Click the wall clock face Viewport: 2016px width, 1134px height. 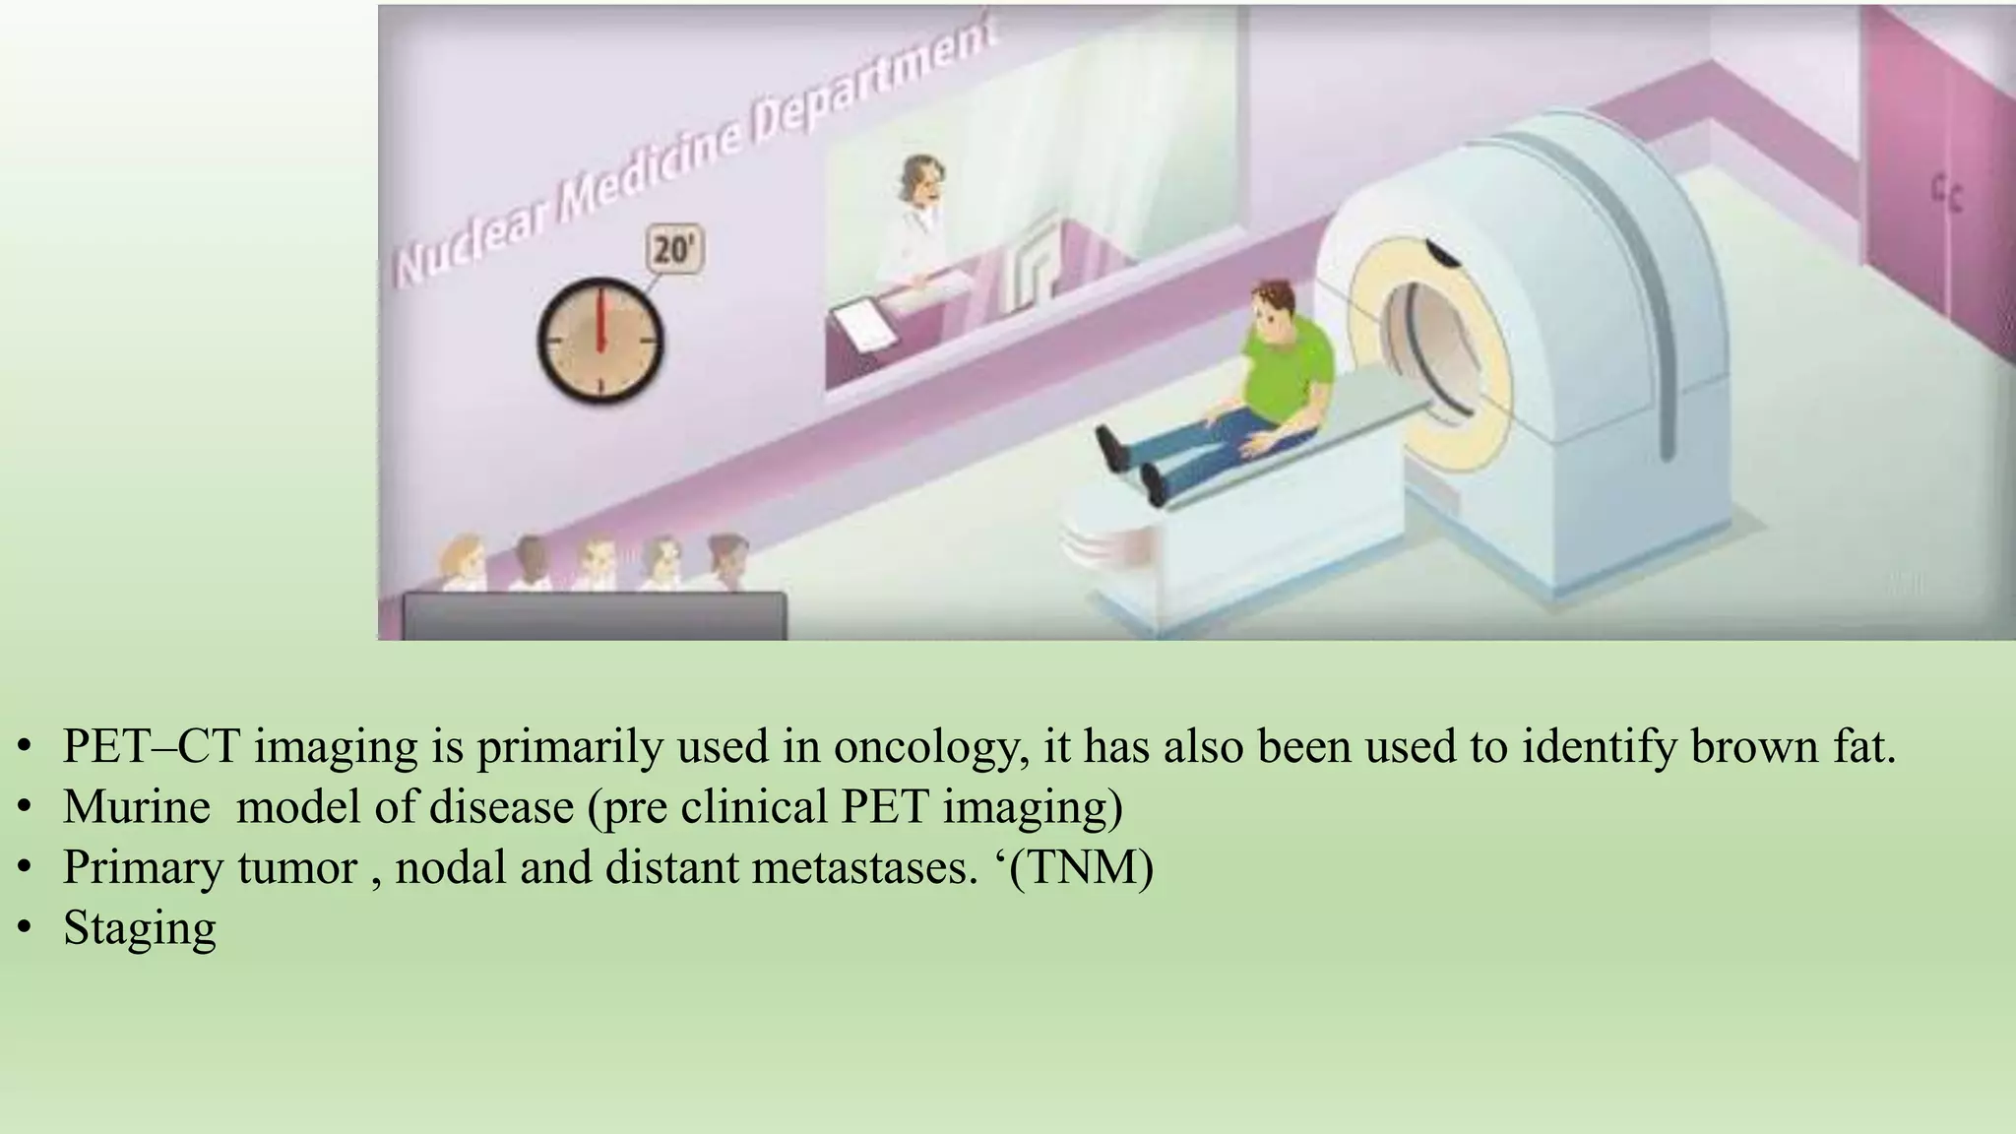(x=599, y=341)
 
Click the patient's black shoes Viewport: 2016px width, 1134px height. (x=1132, y=467)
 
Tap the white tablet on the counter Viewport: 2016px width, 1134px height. (x=864, y=325)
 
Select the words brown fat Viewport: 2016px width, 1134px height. (x=1792, y=747)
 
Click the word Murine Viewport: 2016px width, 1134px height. (x=136, y=807)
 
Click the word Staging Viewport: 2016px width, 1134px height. (x=140, y=928)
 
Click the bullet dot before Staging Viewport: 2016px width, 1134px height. (x=27, y=928)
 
